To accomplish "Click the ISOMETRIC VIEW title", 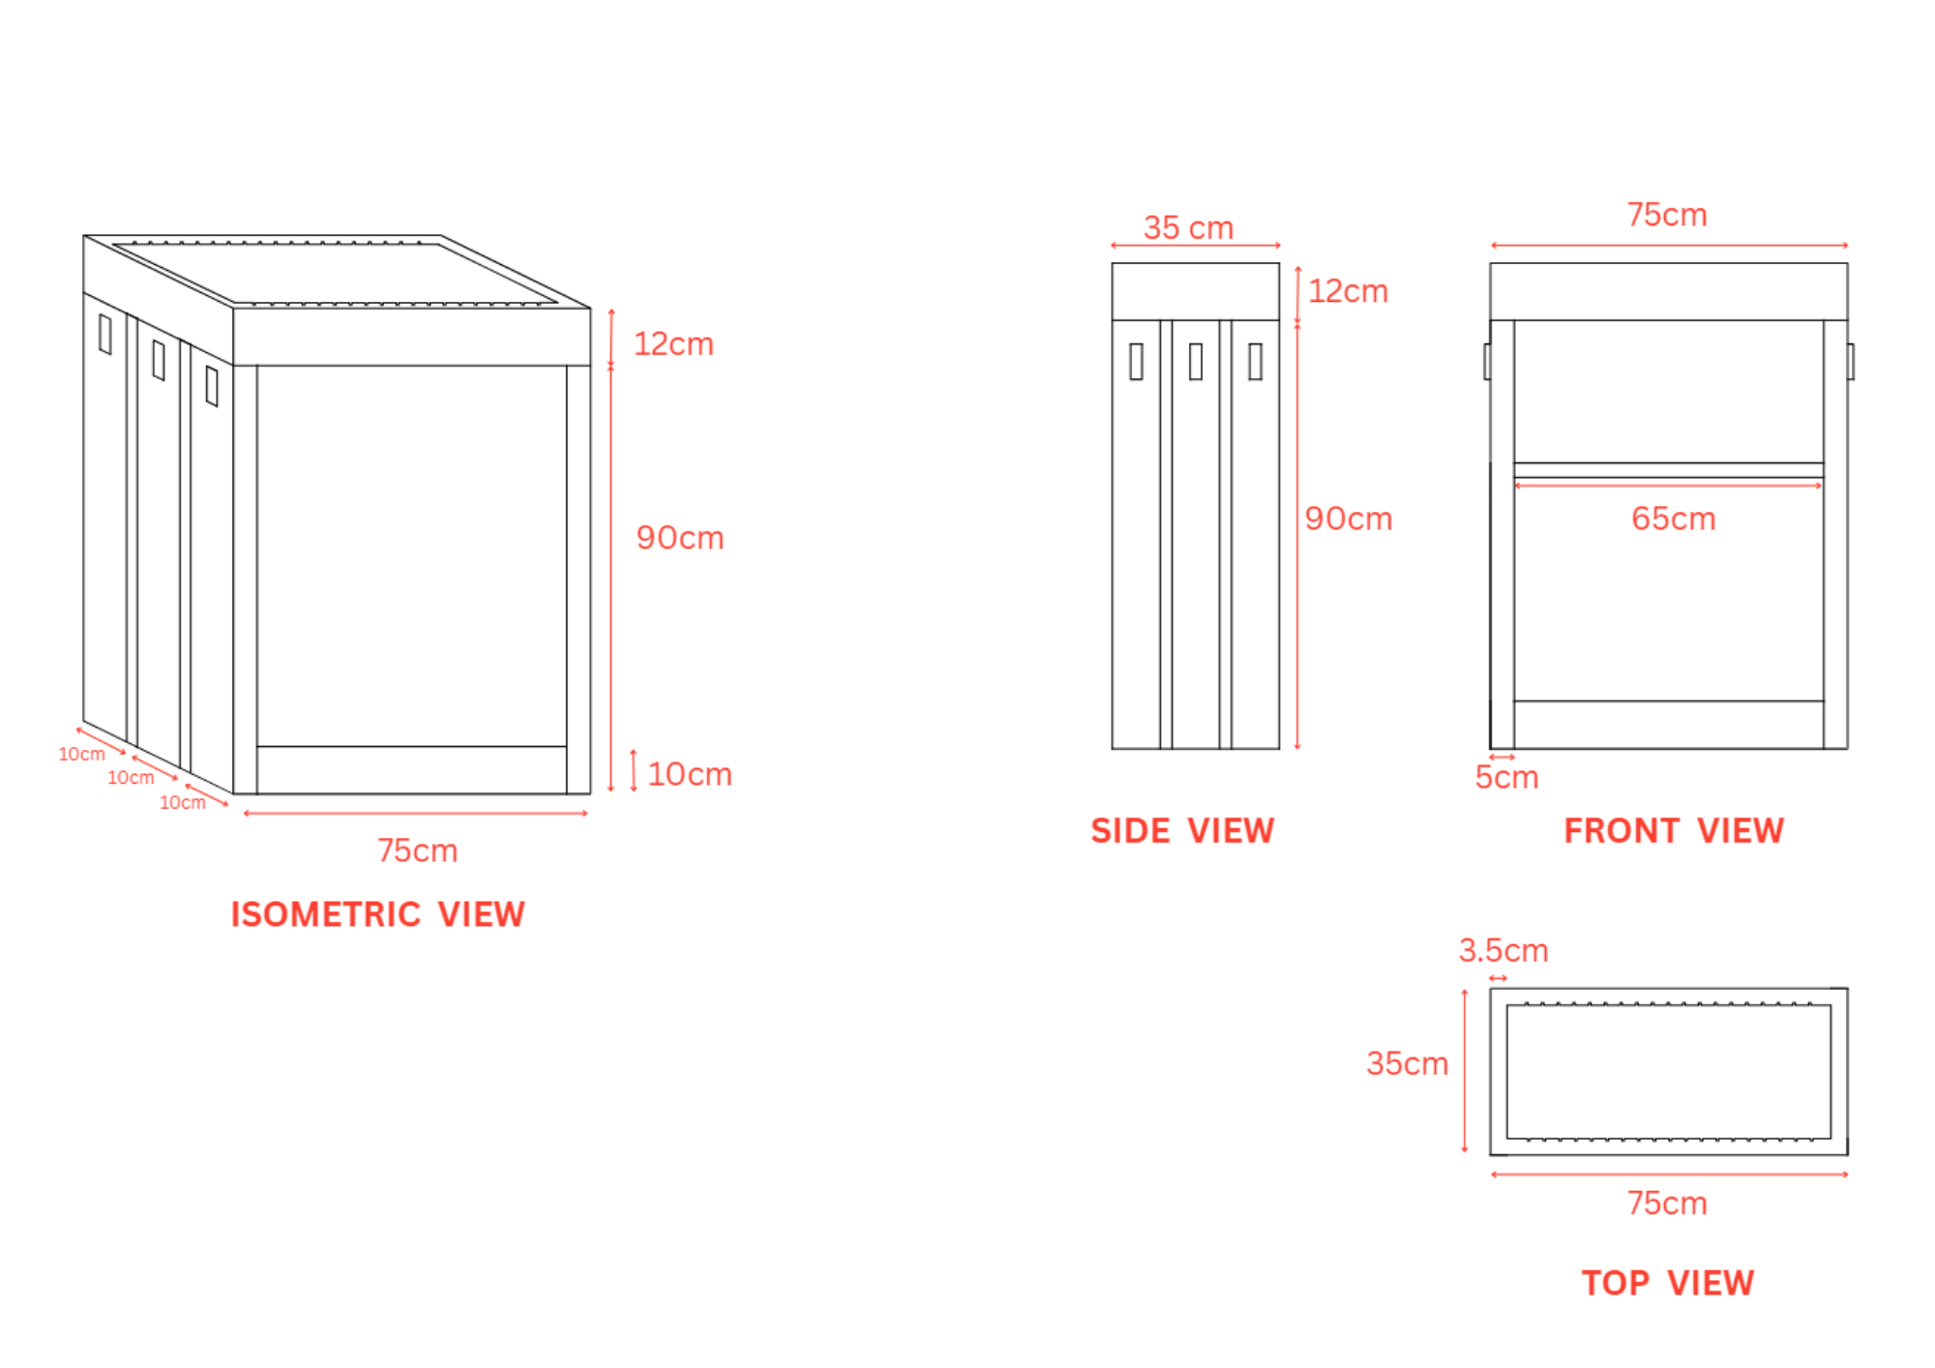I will click(x=377, y=914).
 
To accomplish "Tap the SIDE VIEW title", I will click(x=1182, y=831).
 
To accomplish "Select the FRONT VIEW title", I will click(x=1674, y=831).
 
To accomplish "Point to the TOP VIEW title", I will click(x=1668, y=1283).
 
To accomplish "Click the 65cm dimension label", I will click(x=1673, y=519).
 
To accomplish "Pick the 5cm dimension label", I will click(x=1506, y=777).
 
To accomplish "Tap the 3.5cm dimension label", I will click(x=1503, y=950).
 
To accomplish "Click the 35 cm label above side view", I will click(x=1188, y=227).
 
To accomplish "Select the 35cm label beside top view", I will click(x=1407, y=1063).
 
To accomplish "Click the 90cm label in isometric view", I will click(x=680, y=538).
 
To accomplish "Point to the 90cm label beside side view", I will click(x=1348, y=519).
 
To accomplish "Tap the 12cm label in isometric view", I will click(x=673, y=343).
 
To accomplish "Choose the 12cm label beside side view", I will click(x=1348, y=290).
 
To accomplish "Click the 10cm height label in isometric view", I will click(x=690, y=774).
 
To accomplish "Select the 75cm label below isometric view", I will click(x=417, y=850).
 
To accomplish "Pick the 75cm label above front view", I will click(x=1667, y=215).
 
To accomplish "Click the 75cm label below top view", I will click(x=1667, y=1204).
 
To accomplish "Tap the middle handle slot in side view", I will click(x=1196, y=362).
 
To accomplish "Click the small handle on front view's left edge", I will click(x=1487, y=362).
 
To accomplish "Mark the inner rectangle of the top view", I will click(x=1668, y=1072).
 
